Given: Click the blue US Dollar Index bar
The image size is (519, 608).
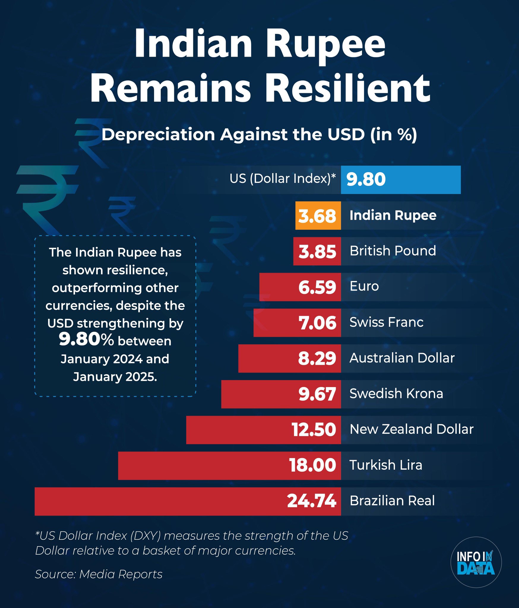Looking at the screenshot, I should (x=401, y=180).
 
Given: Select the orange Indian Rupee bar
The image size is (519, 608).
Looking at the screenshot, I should (x=318, y=216).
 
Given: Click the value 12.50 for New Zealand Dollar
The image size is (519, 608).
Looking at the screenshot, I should (x=314, y=430).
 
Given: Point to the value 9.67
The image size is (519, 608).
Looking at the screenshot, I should (x=317, y=394).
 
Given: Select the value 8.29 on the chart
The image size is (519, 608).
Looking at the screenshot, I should (x=317, y=358).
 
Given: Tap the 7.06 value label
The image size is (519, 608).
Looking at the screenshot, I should (x=317, y=323).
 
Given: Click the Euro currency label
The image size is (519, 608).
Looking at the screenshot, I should (x=364, y=286).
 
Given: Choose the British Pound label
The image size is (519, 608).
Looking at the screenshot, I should (x=393, y=251).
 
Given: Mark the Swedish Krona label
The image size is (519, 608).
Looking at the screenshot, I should (x=396, y=394).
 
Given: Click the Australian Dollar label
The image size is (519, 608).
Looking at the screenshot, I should (x=402, y=358).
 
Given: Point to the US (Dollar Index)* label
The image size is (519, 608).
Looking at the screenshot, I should (x=282, y=179).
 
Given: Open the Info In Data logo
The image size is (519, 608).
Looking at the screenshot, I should (x=476, y=562).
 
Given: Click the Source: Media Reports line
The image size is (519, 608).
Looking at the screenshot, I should (x=99, y=574).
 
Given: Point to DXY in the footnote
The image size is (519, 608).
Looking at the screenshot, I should (x=145, y=536).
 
